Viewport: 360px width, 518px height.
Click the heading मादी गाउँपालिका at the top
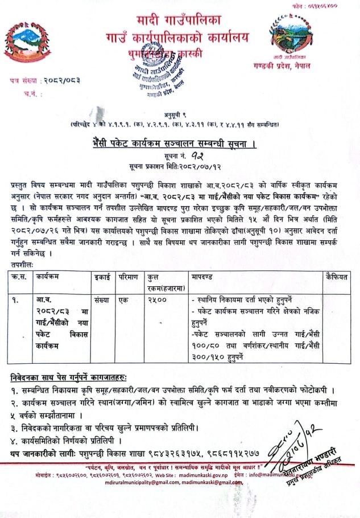coord(180,22)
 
